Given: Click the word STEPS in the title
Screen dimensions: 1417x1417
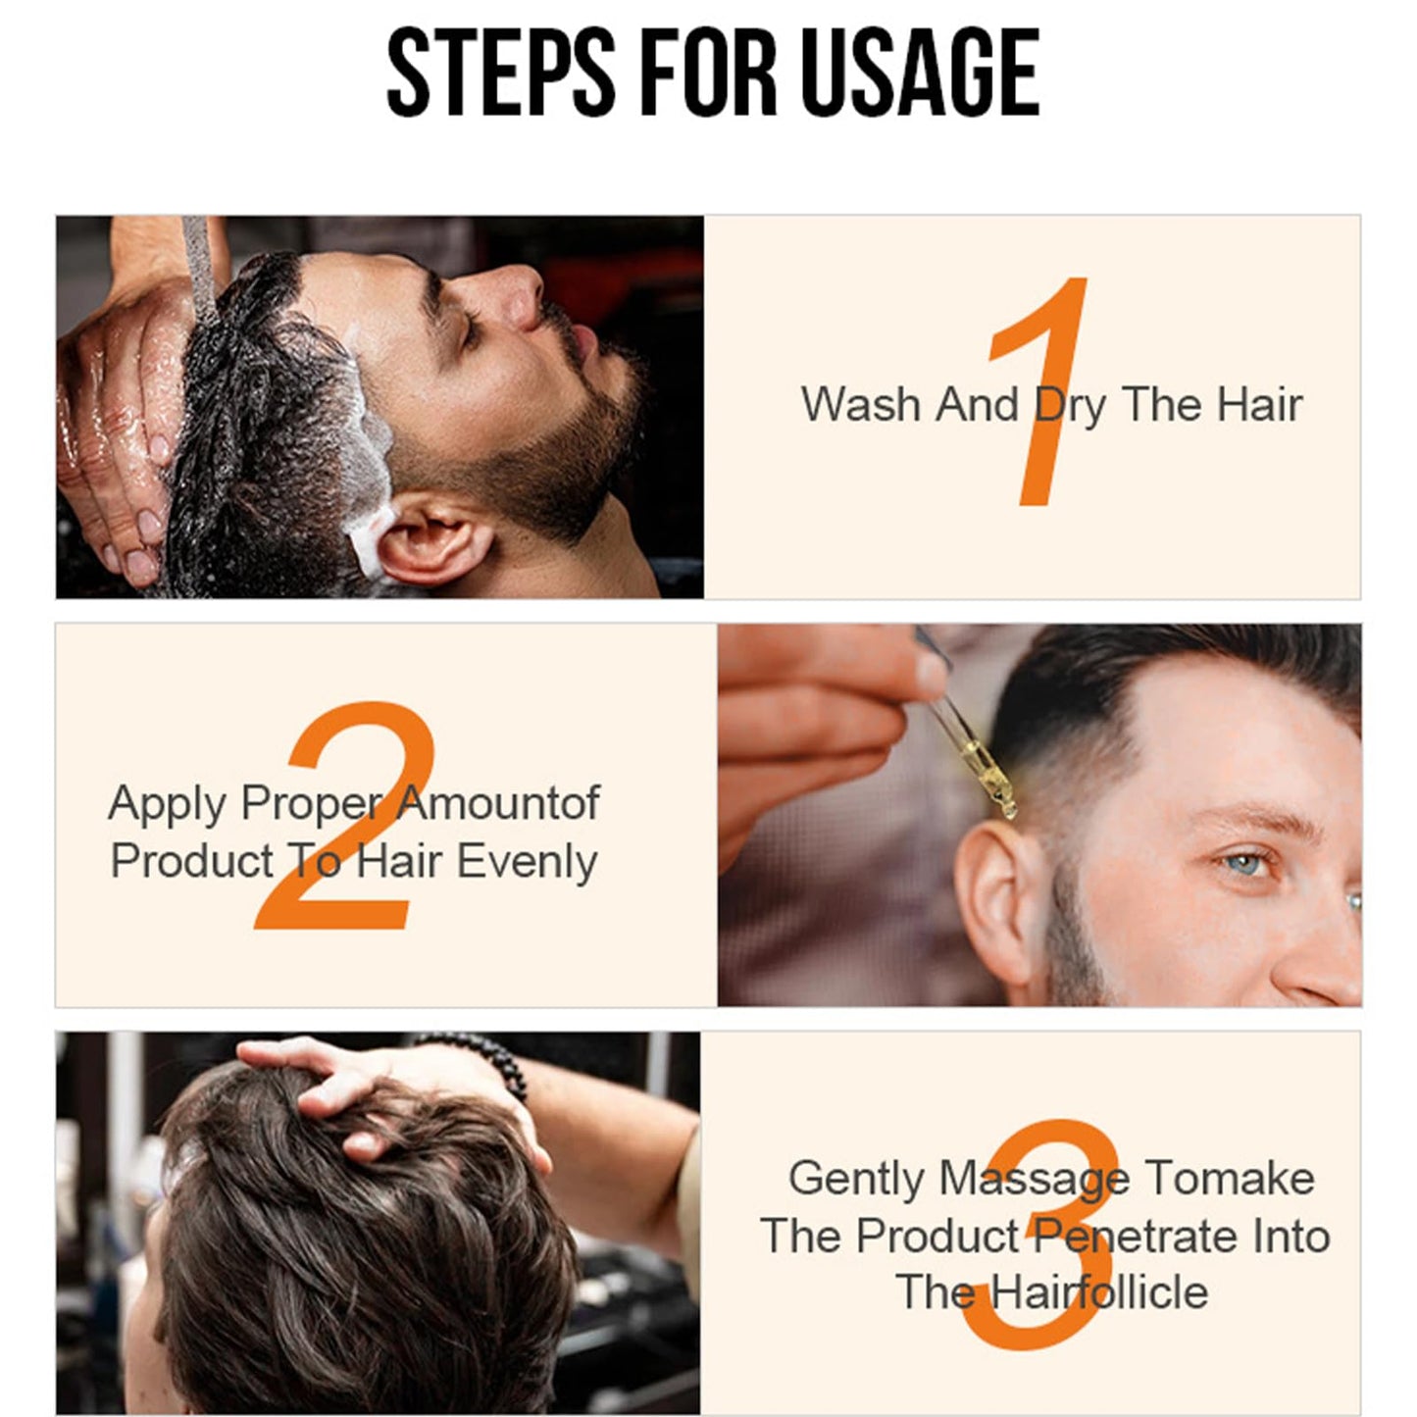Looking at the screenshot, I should pyautogui.click(x=500, y=74).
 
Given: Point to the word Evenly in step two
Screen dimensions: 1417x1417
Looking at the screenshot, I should pyautogui.click(x=527, y=862).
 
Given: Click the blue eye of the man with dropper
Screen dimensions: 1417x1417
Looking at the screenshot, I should pyautogui.click(x=1244, y=864).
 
